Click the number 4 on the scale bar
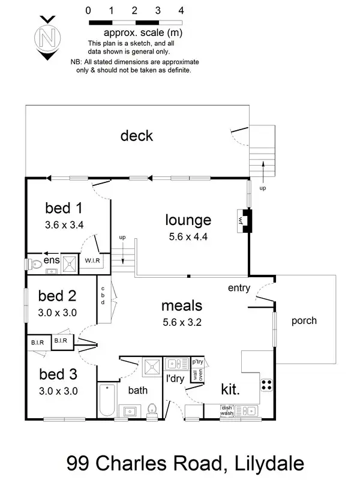181,10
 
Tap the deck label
136,136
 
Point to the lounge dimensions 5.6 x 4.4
188,236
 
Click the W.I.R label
92,261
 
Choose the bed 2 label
58,295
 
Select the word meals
182,306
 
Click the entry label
239,289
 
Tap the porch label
304,320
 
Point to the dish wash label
227,410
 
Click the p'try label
197,362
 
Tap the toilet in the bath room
152,409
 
